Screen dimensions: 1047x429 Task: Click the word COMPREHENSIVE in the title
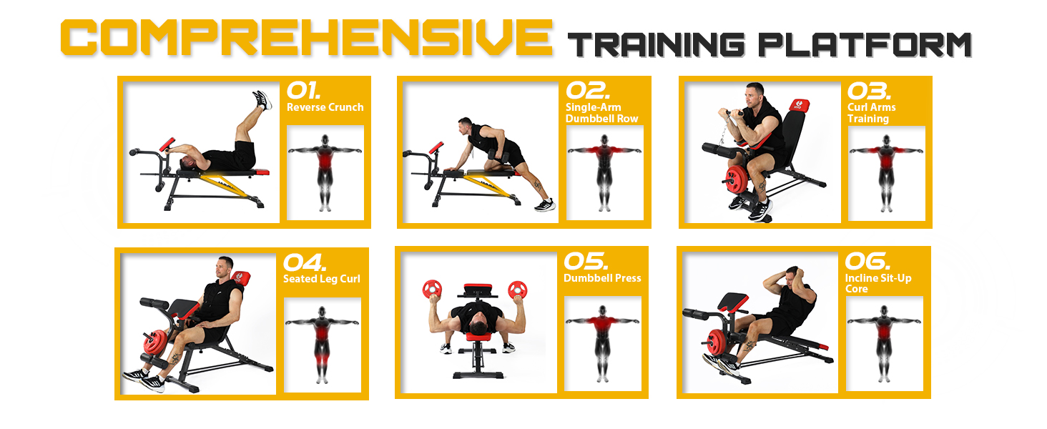(x=307, y=37)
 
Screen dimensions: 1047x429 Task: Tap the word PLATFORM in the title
(x=864, y=45)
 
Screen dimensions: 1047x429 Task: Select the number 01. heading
(x=303, y=90)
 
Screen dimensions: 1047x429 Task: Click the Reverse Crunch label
(x=325, y=107)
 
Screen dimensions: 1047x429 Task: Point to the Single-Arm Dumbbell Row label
(x=601, y=113)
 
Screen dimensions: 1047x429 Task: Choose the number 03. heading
(x=869, y=91)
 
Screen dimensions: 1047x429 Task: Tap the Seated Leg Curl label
(x=322, y=279)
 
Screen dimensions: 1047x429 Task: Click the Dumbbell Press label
(x=602, y=278)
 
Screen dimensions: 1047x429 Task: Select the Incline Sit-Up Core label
(x=878, y=283)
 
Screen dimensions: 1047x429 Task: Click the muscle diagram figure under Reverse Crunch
(x=325, y=172)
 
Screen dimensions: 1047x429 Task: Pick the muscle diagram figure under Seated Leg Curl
(x=322, y=345)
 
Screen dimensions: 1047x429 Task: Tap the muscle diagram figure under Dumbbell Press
(x=602, y=343)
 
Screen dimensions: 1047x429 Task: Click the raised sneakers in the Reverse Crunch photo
(x=262, y=100)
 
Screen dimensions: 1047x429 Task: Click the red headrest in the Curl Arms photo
(x=799, y=105)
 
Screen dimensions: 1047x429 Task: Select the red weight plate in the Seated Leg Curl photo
(x=154, y=342)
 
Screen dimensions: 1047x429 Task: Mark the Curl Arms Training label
(x=871, y=113)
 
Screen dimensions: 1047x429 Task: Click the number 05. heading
(x=586, y=261)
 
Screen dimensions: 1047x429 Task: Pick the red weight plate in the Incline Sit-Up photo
(x=716, y=342)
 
